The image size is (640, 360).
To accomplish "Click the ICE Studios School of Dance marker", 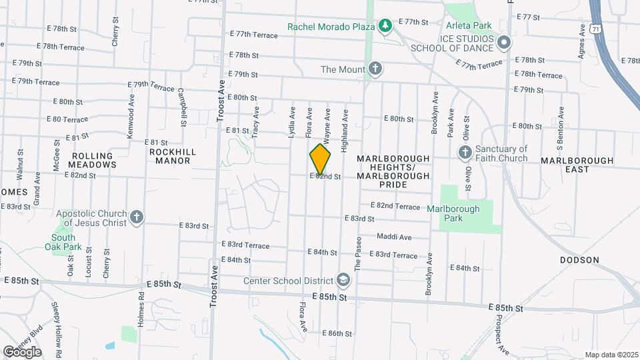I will click(504, 43).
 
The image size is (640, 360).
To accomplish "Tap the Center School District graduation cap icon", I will click(344, 279).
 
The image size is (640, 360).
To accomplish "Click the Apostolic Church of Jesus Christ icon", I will click(137, 218).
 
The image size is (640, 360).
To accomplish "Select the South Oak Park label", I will click(63, 242).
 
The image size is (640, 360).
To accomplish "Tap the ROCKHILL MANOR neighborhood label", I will click(173, 156).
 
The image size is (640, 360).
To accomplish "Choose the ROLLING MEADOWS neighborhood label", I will click(87, 160).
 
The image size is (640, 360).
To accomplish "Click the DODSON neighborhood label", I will click(579, 260).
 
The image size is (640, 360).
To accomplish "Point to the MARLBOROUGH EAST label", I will click(577, 165).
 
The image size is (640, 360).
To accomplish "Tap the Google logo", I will click(22, 351).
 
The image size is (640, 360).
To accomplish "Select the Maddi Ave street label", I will click(394, 237).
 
